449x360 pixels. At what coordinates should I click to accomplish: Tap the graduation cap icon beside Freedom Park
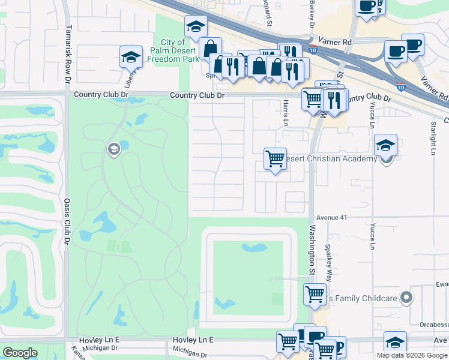point(196,27)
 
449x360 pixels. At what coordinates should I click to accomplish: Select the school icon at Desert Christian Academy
point(385,146)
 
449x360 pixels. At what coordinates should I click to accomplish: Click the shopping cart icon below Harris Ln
point(275,159)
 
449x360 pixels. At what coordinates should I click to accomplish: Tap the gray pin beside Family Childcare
point(407,297)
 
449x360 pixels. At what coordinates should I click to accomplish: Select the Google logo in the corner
point(20,353)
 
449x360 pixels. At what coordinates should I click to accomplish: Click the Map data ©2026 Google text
point(411,355)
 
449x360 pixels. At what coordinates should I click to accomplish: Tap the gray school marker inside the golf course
point(113,148)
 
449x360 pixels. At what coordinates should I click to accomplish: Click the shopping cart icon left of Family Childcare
point(315,295)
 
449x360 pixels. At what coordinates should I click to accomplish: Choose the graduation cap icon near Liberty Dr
point(131,57)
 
